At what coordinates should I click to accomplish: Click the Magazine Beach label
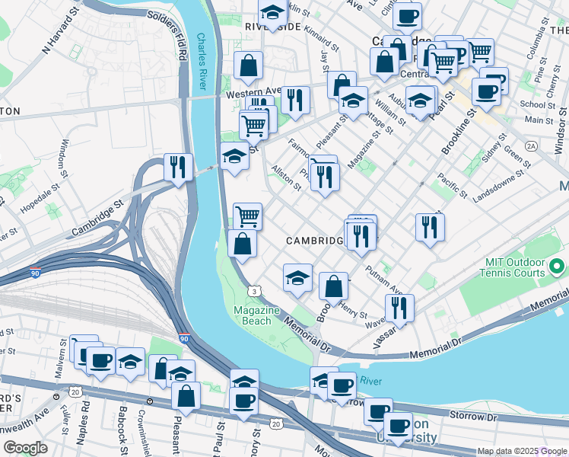point(253,315)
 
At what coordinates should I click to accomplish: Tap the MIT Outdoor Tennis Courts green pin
point(557,267)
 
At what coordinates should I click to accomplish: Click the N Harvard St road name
point(60,34)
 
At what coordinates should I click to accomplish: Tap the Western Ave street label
point(252,97)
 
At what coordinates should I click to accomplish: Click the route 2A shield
point(531,145)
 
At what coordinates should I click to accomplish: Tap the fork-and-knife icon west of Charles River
point(178,166)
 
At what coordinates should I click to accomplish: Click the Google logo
point(26,448)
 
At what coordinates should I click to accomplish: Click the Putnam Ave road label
point(382,280)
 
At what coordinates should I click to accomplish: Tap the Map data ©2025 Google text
point(522,451)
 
